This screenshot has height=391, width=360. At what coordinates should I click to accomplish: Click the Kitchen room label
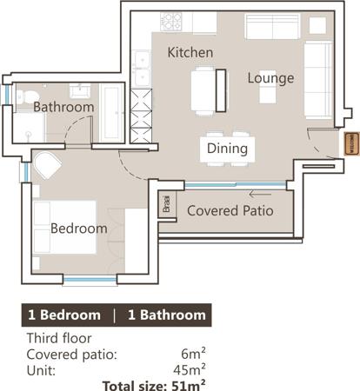190,52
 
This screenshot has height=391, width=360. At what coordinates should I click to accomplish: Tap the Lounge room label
270,78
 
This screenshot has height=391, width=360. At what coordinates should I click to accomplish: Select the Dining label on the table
227,149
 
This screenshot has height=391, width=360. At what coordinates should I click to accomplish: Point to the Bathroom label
63,107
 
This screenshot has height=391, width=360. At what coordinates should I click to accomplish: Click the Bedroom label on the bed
79,229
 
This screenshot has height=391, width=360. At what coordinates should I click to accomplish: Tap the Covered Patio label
230,210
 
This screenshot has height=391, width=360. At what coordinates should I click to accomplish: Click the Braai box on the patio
167,204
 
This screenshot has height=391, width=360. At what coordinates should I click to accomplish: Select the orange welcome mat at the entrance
350,143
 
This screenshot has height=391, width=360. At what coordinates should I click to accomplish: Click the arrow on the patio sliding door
260,194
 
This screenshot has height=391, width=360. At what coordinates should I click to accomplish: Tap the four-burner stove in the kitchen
171,22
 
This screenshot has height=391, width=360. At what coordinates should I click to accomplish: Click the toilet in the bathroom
27,96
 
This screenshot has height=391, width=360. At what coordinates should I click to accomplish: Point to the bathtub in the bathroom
111,113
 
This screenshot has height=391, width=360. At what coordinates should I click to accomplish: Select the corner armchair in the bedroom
47,165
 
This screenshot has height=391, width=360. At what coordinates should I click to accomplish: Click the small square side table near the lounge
317,26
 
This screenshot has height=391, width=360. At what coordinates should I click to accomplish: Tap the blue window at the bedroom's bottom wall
90,280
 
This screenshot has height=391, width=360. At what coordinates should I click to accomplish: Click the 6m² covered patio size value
193,354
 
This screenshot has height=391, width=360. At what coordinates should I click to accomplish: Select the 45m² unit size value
190,369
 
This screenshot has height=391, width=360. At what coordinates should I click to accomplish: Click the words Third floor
59,338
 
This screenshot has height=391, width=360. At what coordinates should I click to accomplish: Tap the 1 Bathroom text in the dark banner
167,315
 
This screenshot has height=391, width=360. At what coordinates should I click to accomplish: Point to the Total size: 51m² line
154,385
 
